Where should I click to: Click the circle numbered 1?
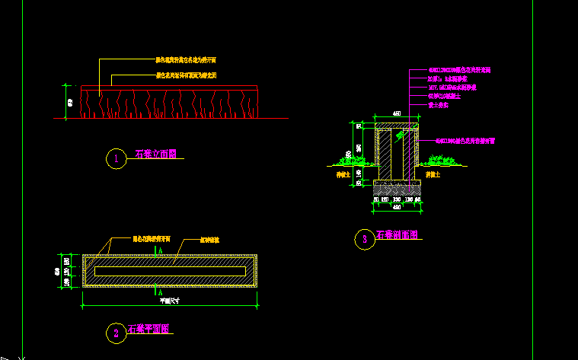[x=115, y=159]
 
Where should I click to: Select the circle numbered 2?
[x=116, y=333]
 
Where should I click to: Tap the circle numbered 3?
[x=365, y=239]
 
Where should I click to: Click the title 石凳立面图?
[x=156, y=154]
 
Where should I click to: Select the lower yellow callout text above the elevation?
[x=187, y=75]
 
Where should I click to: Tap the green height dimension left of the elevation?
[x=70, y=102]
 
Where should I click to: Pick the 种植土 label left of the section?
[x=343, y=174]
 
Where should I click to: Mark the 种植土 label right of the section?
[x=433, y=174]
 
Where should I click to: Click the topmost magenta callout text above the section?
[x=458, y=69]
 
